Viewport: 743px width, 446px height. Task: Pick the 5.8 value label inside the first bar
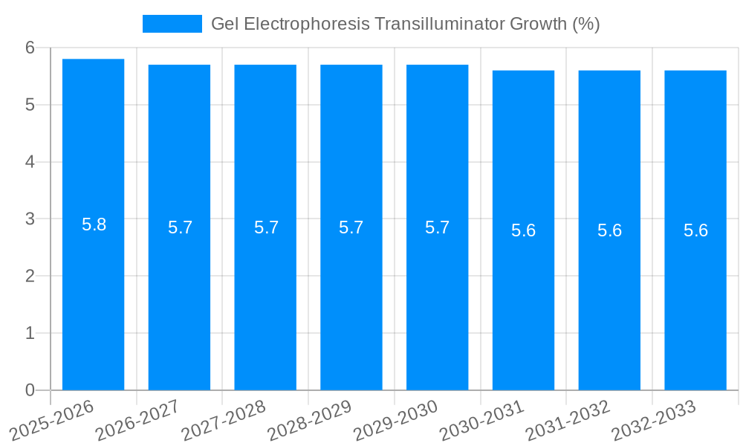(94, 224)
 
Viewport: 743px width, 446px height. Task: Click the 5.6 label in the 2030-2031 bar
(523, 230)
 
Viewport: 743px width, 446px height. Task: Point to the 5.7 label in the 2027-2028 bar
(266, 227)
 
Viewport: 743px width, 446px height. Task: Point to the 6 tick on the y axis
(30, 48)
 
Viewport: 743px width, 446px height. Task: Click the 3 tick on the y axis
(30, 219)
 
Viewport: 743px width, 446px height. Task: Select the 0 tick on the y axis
(30, 390)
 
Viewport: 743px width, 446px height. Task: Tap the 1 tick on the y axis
(30, 334)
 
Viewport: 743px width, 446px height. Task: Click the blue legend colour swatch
(172, 24)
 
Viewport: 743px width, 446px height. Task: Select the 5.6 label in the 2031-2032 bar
(609, 230)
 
